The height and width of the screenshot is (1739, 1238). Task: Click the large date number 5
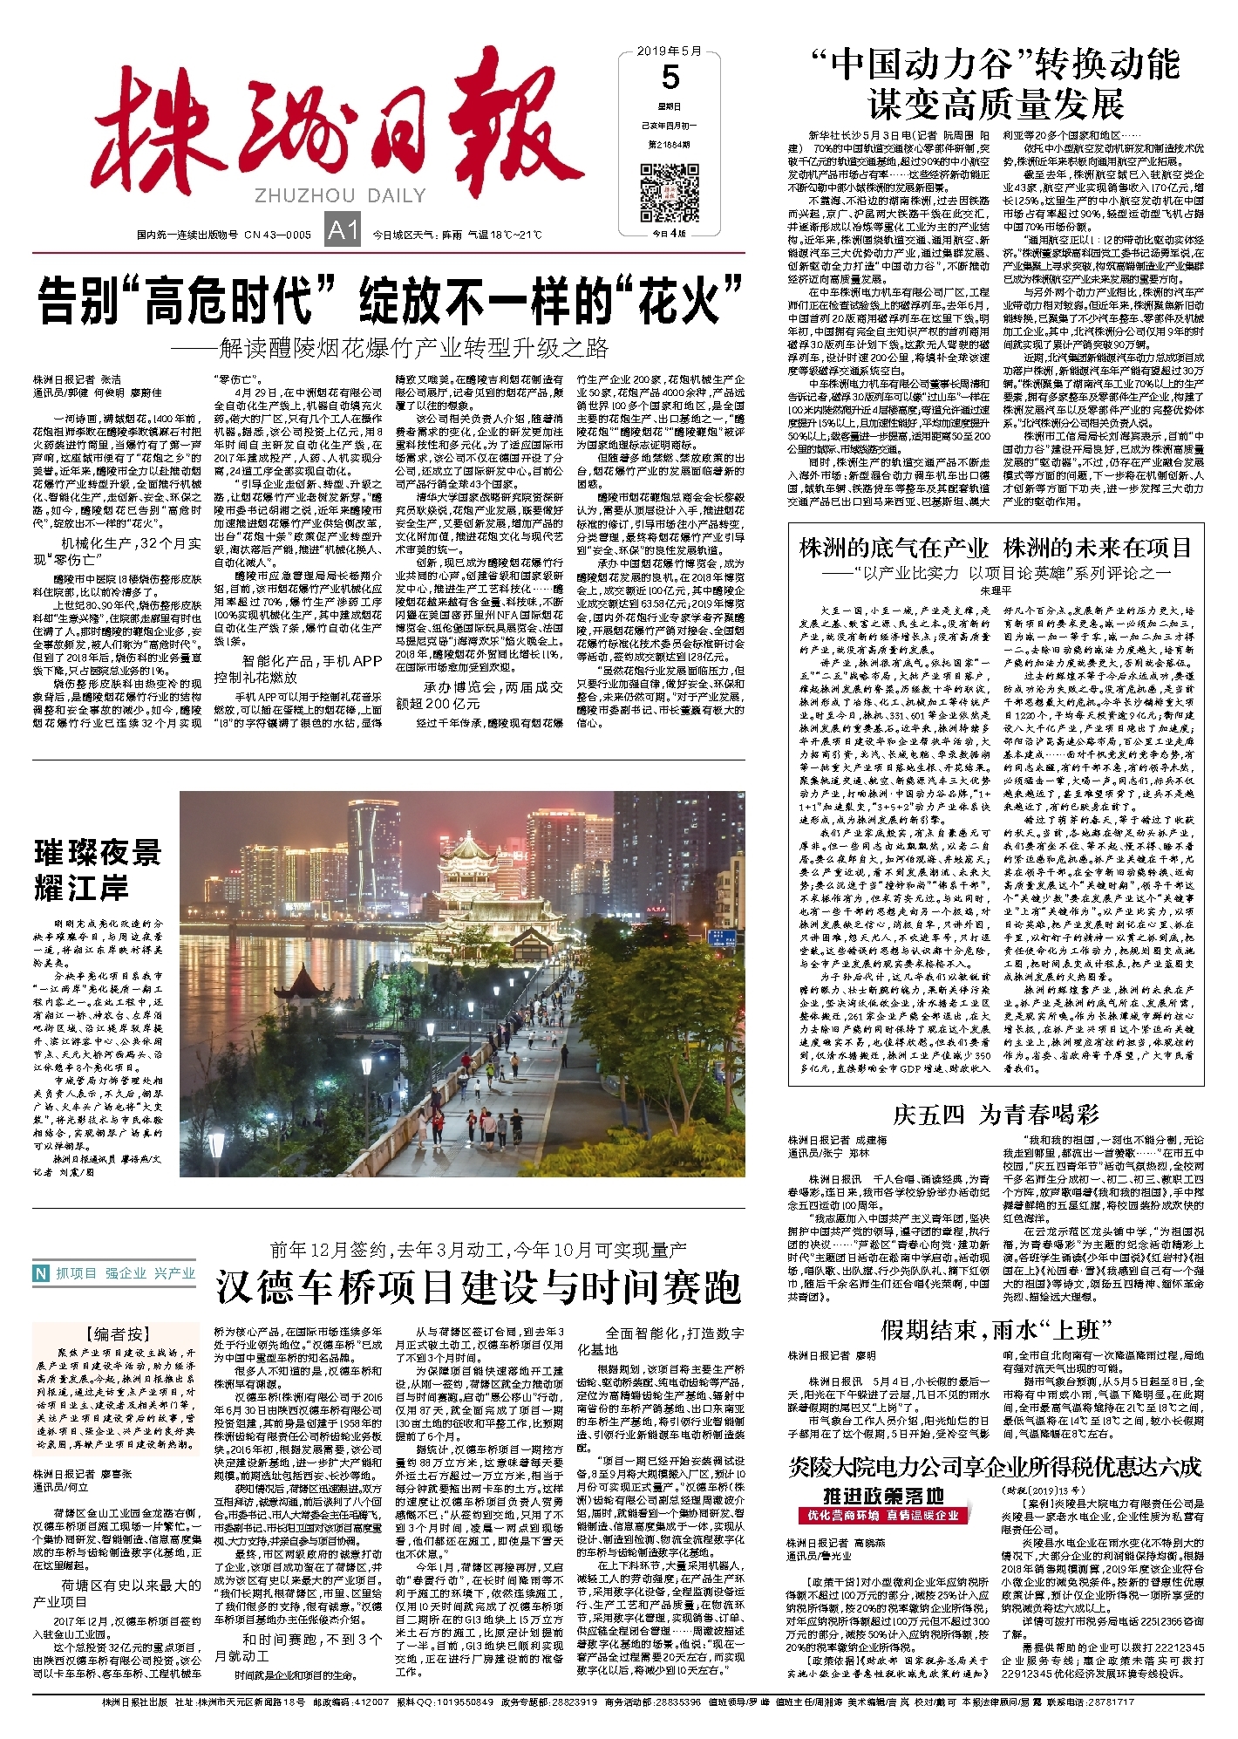pos(670,78)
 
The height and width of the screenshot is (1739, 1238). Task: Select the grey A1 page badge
pos(342,230)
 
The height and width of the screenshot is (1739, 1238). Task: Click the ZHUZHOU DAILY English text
pos(340,196)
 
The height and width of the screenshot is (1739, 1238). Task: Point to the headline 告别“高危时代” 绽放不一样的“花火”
pos(389,300)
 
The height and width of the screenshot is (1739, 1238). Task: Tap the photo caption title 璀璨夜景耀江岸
pos(98,869)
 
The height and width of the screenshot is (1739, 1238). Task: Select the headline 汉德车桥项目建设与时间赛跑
pos(479,1287)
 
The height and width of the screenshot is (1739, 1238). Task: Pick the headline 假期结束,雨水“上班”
pos(996,1330)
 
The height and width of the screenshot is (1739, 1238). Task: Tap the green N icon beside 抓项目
pos(41,1274)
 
